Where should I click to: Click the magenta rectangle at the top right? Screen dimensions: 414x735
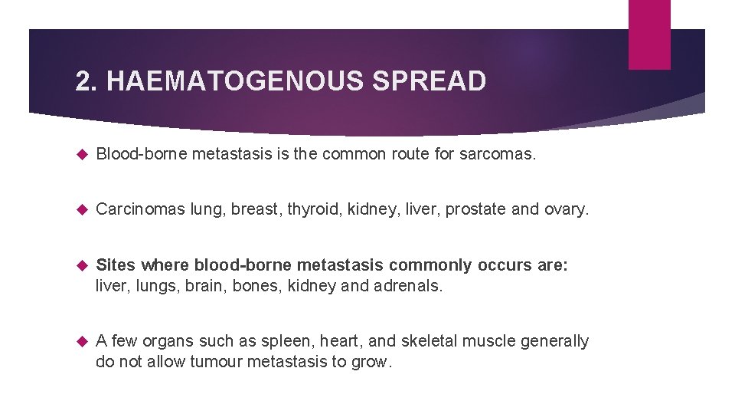pyautogui.click(x=649, y=34)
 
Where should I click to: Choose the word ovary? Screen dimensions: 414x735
pyautogui.click(x=566, y=210)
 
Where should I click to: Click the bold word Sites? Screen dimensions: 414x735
pyautogui.click(x=116, y=265)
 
